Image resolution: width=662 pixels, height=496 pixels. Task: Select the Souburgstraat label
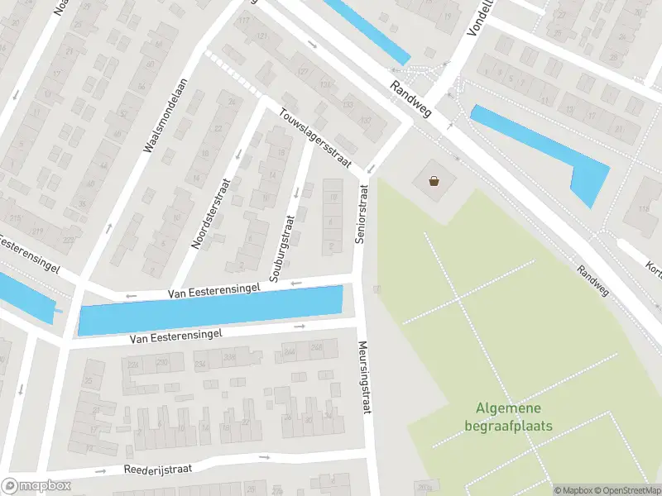281,246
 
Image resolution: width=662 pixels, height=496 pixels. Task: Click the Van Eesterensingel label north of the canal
213,289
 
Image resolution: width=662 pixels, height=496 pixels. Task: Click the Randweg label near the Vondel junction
411,98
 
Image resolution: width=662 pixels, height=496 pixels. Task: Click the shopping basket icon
434,179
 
